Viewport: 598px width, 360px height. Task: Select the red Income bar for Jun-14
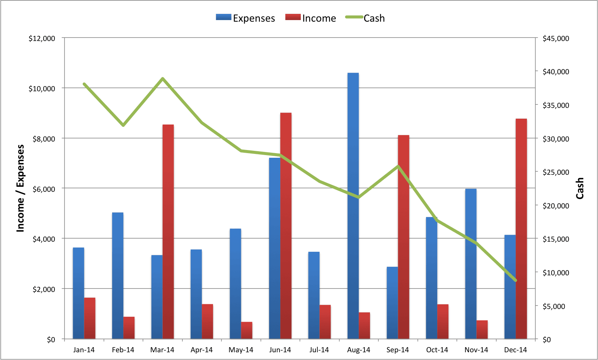[x=286, y=226]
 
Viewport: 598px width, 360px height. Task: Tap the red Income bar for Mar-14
[x=168, y=232]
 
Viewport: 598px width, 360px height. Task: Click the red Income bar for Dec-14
[x=521, y=229]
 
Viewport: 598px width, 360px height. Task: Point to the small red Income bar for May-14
[x=247, y=330]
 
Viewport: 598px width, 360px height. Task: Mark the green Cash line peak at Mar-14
[x=163, y=78]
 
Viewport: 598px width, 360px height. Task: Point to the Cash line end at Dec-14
[x=516, y=280]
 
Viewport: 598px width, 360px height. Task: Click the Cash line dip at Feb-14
[x=123, y=125]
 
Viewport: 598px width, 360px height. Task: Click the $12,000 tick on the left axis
[x=42, y=38]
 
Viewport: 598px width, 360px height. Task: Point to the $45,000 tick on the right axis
[x=556, y=38]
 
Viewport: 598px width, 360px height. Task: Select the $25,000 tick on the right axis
[x=556, y=172]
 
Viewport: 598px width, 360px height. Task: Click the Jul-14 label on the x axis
[x=319, y=350]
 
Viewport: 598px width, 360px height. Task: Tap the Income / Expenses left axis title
[x=20, y=188]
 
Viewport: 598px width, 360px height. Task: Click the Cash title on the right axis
[x=580, y=188]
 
